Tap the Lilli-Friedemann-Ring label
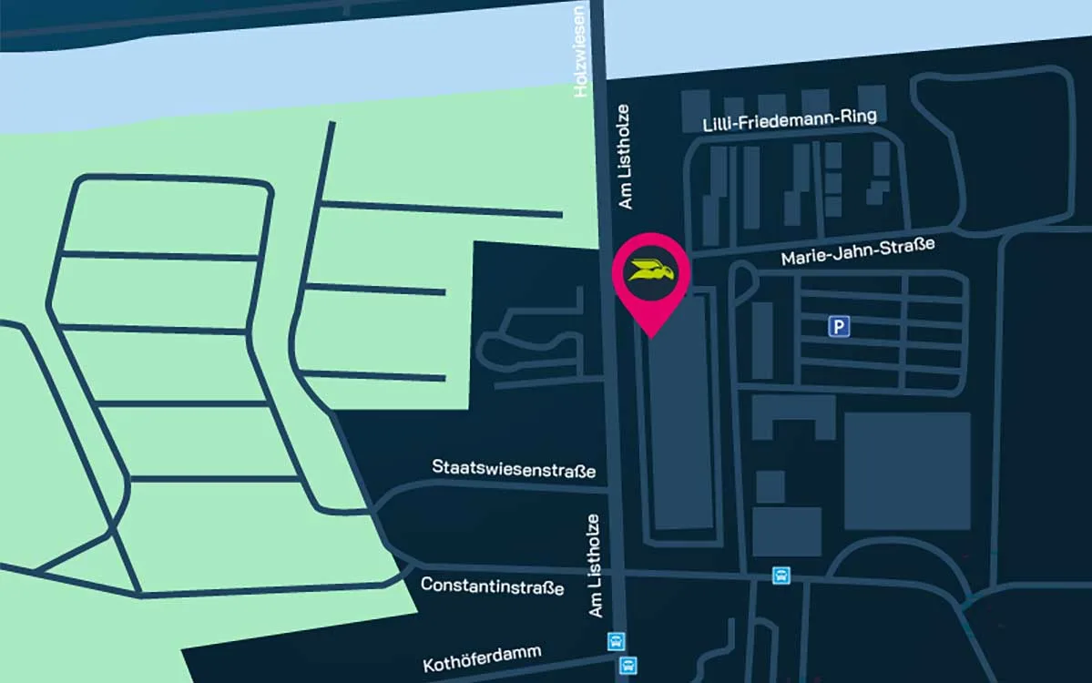point(789,120)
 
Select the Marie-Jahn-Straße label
point(857,252)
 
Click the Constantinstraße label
point(492,586)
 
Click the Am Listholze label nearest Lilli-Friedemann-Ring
point(625,157)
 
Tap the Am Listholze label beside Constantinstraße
point(594,566)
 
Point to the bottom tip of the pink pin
point(651,338)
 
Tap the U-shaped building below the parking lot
point(792,416)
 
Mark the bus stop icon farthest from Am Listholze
point(781,576)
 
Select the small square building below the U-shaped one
point(770,486)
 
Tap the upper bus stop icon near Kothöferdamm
point(617,641)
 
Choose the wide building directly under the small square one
point(786,532)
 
